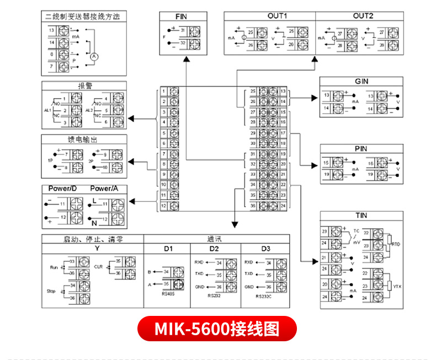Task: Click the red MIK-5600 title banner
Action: (217, 329)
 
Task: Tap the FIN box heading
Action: (180, 17)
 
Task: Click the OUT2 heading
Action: (363, 17)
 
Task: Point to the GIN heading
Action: (361, 81)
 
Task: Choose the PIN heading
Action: (361, 149)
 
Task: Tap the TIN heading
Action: (361, 216)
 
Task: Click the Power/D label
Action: (62, 189)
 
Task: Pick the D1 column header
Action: (168, 248)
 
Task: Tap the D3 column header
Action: (265, 248)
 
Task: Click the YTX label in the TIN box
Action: (395, 285)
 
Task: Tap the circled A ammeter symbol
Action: (94, 56)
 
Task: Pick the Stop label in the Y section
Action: (52, 291)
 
